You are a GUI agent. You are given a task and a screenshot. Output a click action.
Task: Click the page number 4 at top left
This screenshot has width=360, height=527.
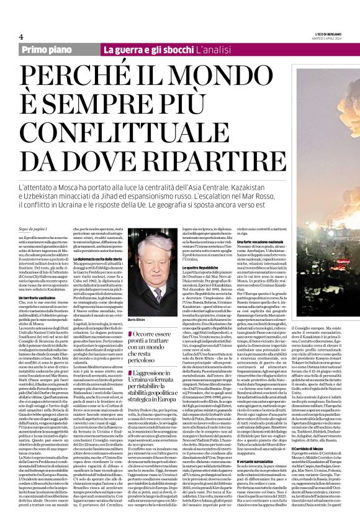tap(21, 37)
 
